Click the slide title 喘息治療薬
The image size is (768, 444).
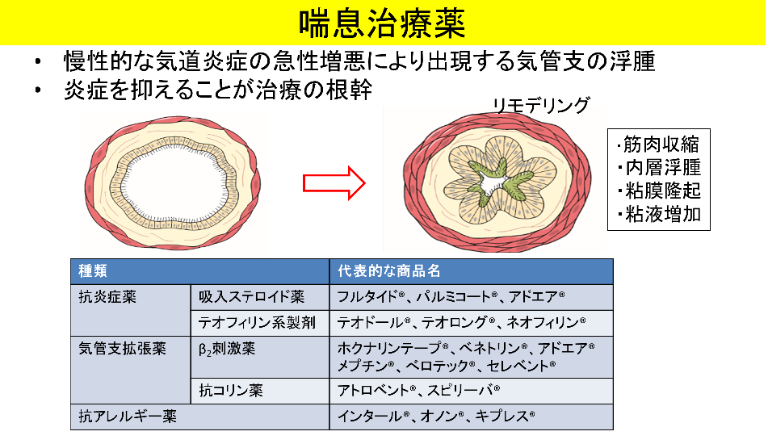[382, 23]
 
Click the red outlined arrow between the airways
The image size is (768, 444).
[334, 182]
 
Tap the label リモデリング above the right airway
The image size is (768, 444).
[541, 105]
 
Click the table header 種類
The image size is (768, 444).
[93, 271]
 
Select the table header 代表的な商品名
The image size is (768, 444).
[389, 271]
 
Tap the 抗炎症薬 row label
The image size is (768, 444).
[107, 296]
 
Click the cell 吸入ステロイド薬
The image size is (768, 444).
[252, 296]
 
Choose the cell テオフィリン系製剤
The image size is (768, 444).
[257, 323]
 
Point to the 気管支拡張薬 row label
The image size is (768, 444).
[123, 349]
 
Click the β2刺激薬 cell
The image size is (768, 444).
[227, 349]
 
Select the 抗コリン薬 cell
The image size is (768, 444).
[231, 390]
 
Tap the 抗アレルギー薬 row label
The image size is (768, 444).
[128, 416]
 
